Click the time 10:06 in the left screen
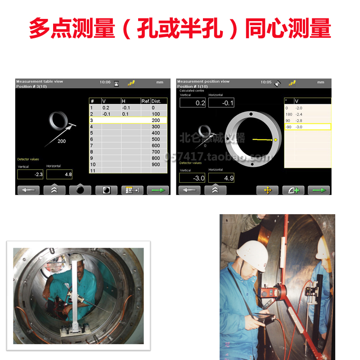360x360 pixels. point(105,82)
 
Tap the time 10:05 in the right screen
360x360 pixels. point(266,82)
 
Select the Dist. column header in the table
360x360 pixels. point(156,101)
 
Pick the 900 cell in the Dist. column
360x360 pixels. point(156,164)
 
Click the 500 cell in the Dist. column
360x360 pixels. point(156,139)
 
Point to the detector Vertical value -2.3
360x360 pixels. point(30,175)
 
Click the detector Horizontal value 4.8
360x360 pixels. point(59,175)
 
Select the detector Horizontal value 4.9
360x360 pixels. point(221,178)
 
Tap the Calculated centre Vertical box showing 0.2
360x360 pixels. point(193,103)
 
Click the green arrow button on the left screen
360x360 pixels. point(158,190)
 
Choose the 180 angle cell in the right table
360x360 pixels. point(289,114)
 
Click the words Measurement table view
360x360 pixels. point(40,81)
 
